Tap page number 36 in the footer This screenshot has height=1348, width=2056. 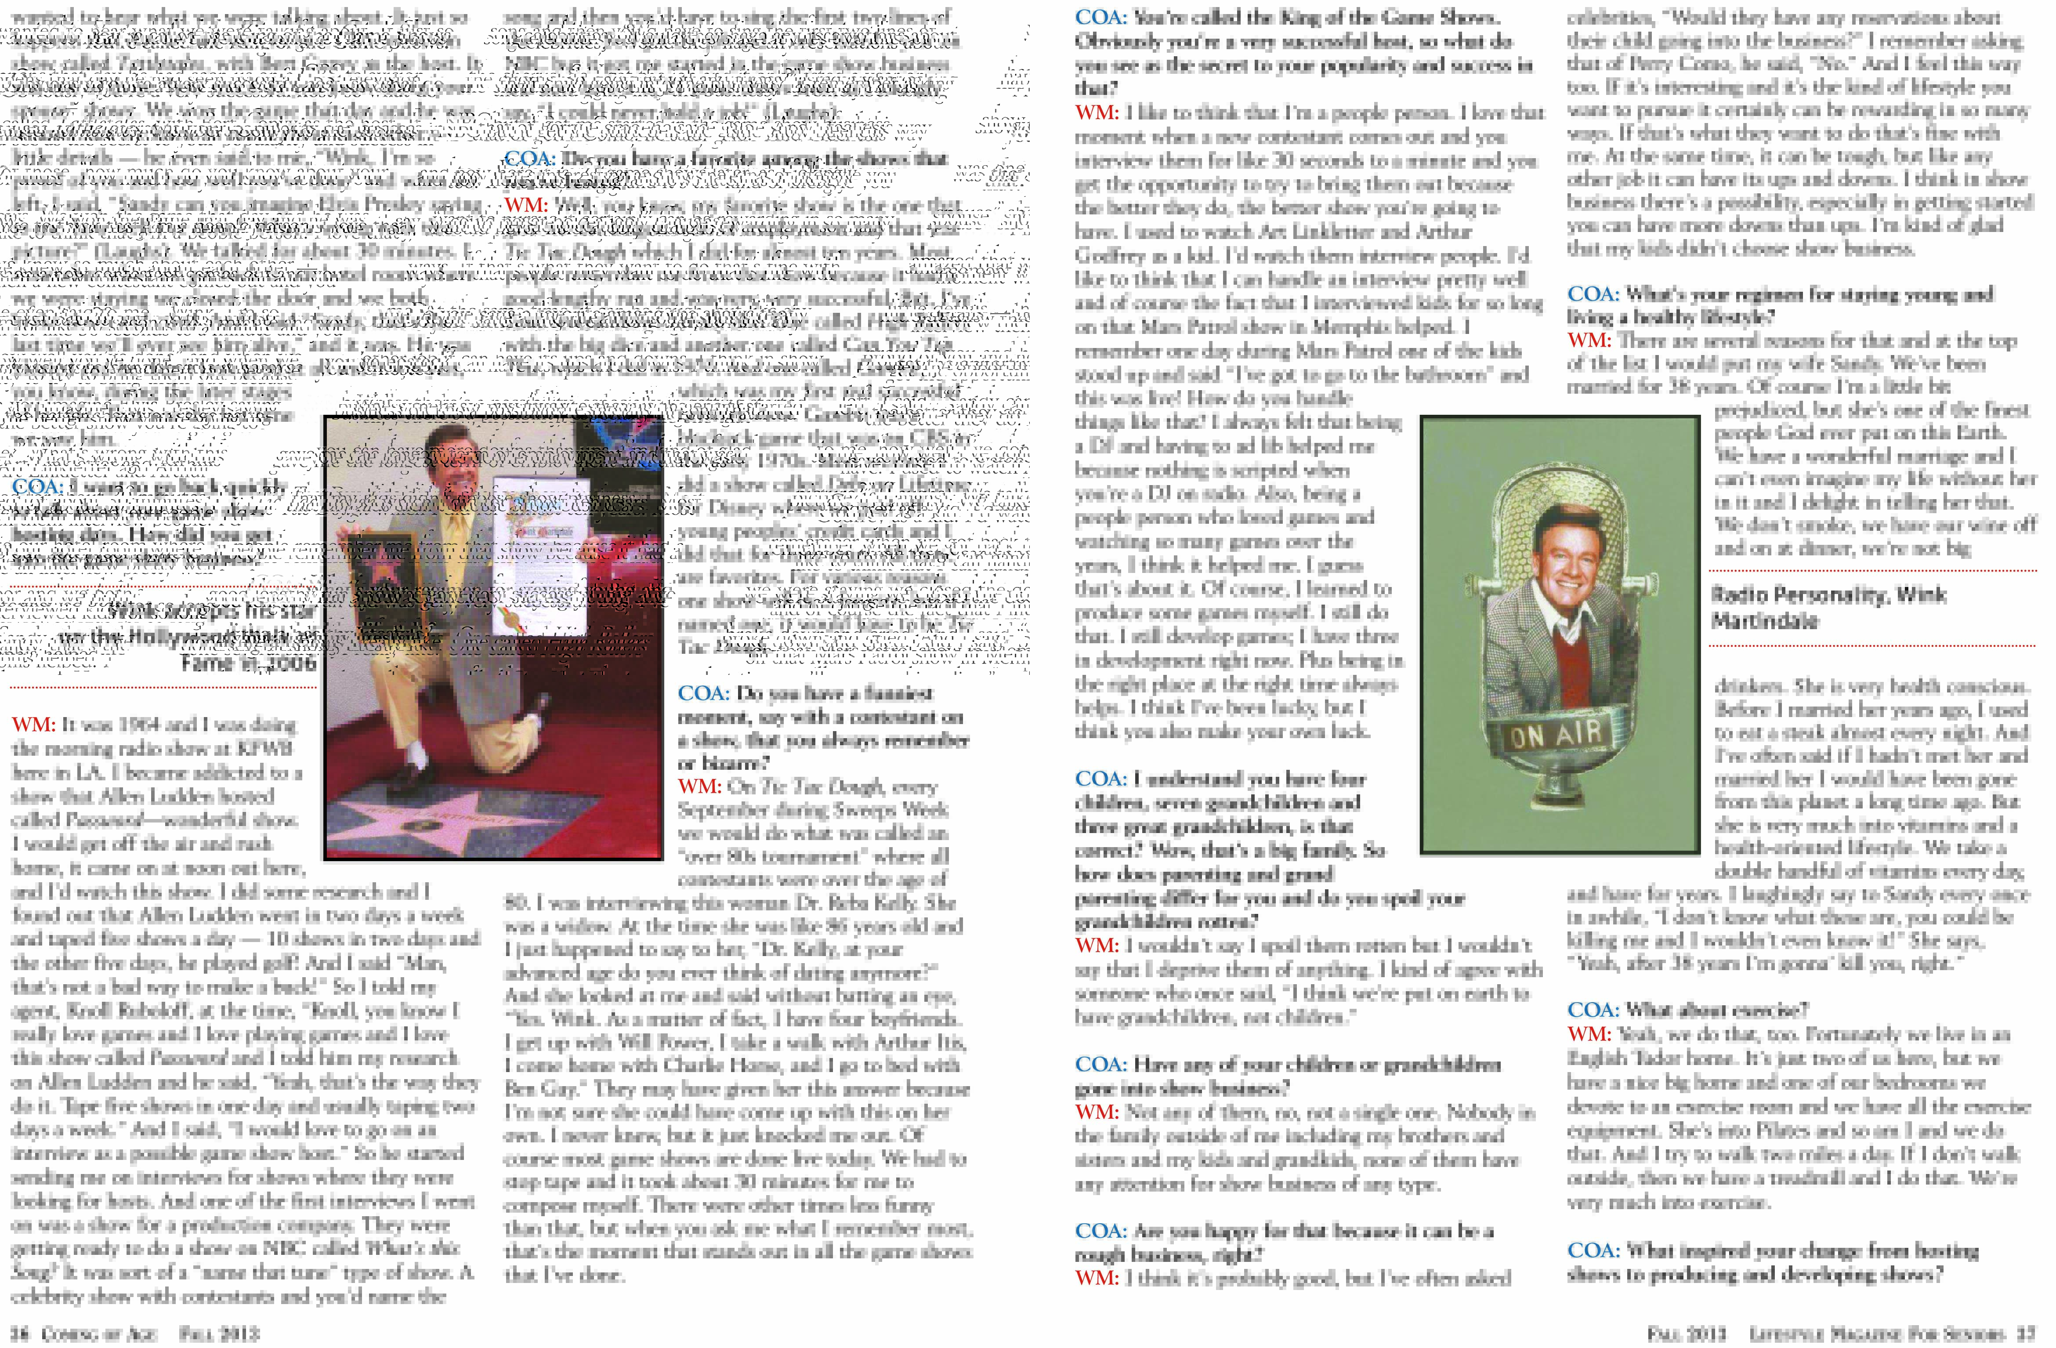19,1334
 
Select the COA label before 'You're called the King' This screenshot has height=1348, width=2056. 1100,17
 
